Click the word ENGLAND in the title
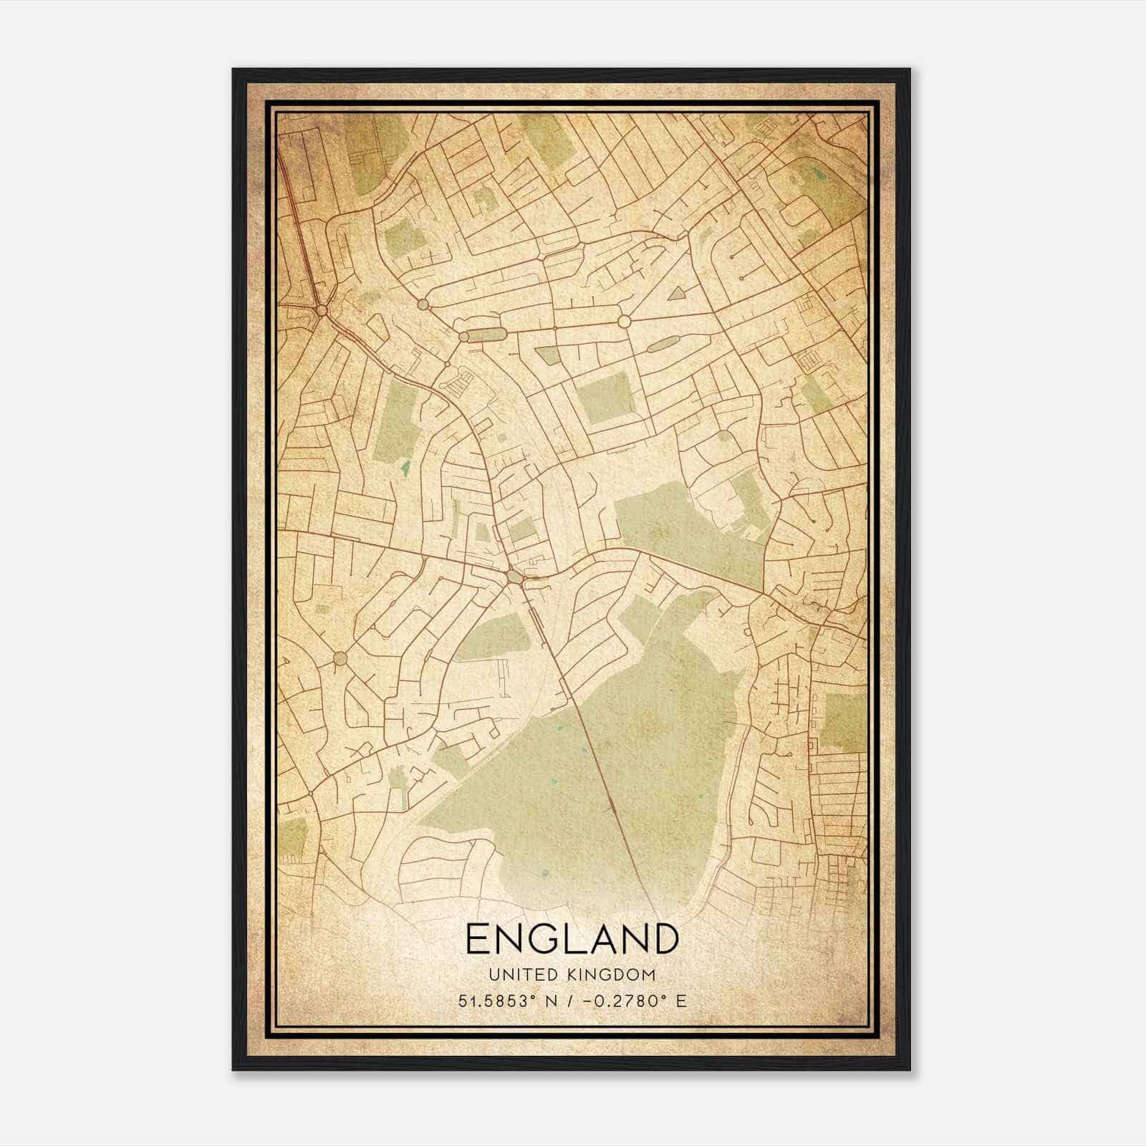[572, 939]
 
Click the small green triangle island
[675, 292]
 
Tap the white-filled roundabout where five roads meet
[624, 322]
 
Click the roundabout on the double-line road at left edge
[322, 310]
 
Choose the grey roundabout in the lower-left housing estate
[340, 658]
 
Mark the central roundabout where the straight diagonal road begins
[514, 576]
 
